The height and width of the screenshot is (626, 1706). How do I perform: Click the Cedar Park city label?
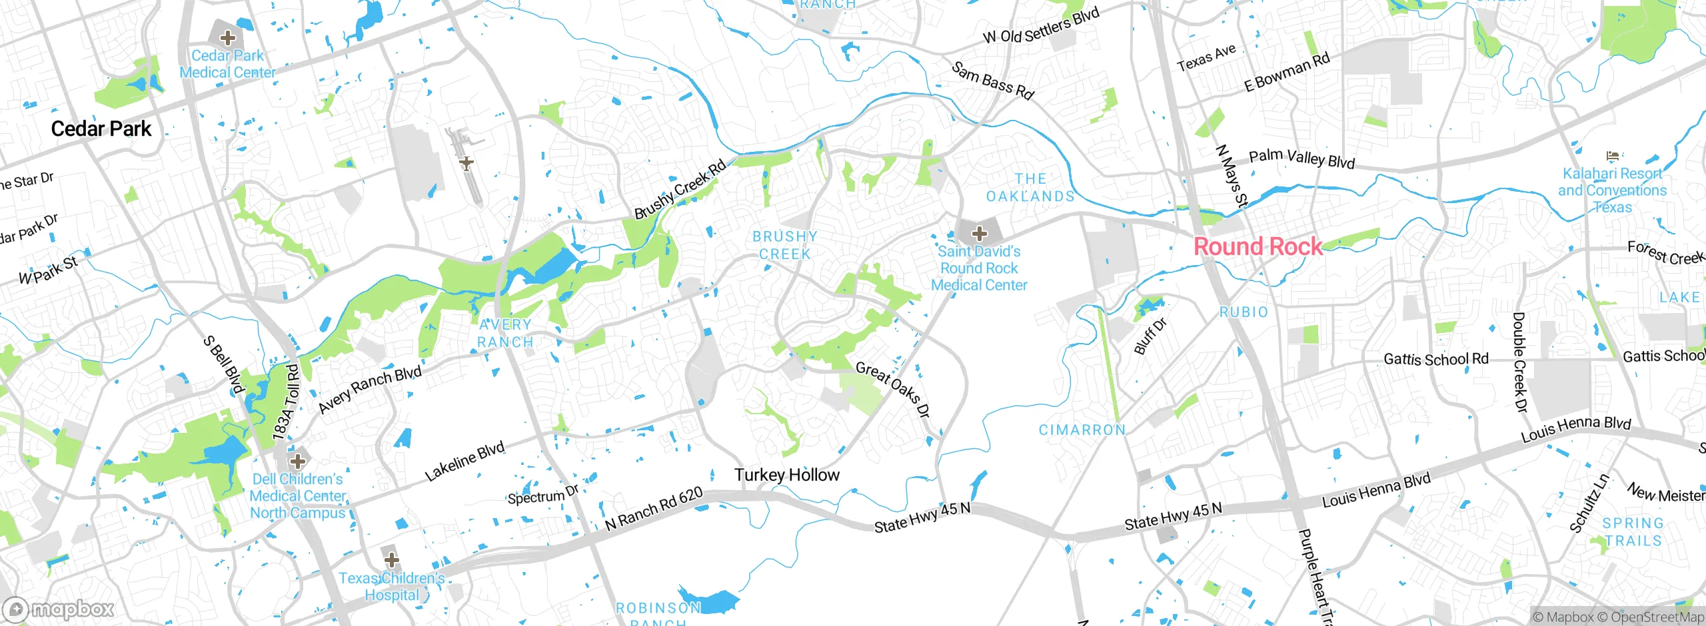(x=101, y=129)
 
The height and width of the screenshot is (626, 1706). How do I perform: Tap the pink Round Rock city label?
(x=1258, y=246)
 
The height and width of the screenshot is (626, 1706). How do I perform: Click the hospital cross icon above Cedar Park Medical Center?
(x=228, y=37)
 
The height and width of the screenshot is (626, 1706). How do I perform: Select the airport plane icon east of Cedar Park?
(x=466, y=162)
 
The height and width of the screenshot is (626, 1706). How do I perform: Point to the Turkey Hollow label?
(x=787, y=475)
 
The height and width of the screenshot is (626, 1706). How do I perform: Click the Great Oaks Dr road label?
(x=892, y=390)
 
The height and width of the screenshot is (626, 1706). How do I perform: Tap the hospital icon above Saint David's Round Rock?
(x=979, y=234)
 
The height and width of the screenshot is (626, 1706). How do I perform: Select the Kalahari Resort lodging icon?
(x=1612, y=156)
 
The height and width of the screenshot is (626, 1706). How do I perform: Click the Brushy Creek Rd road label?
(x=680, y=190)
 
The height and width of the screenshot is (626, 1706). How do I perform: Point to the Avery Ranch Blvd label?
(x=370, y=390)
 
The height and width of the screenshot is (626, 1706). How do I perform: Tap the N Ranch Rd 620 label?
(x=654, y=509)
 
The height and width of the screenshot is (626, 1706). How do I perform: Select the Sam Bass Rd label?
(x=992, y=81)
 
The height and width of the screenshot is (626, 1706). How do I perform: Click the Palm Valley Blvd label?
(x=1301, y=158)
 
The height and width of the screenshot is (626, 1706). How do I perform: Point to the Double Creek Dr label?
(x=1520, y=363)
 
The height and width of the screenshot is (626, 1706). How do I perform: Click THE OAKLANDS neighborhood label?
(x=1030, y=187)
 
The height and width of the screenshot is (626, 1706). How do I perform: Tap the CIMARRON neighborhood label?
(x=1082, y=430)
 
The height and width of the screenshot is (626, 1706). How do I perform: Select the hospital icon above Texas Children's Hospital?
(x=391, y=559)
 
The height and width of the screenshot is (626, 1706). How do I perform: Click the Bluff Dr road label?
(x=1150, y=336)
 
